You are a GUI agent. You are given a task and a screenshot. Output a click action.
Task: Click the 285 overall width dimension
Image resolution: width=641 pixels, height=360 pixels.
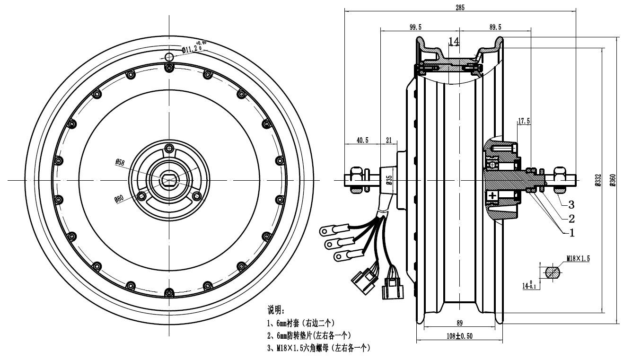[x=460, y=7]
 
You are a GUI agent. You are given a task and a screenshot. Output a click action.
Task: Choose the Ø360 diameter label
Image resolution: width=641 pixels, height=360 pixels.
[x=613, y=180]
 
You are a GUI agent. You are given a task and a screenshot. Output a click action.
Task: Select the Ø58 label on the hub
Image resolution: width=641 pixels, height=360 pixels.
[x=119, y=162]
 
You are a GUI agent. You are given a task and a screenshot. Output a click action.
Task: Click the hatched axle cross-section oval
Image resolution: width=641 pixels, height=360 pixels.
[x=553, y=273]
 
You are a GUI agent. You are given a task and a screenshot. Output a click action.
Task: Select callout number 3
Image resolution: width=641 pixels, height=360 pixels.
[x=571, y=204]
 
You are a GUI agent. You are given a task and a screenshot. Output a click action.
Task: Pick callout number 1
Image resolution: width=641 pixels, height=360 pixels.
[x=571, y=232]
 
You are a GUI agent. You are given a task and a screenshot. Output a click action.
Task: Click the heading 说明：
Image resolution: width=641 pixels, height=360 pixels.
[x=276, y=310]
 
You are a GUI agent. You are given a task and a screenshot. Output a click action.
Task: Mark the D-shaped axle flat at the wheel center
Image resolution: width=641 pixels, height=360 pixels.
[x=169, y=180]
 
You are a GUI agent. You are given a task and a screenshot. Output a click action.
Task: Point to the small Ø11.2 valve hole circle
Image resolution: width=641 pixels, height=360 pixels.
[x=169, y=57]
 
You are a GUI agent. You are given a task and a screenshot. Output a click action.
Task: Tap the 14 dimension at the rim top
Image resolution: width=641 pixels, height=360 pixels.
[x=454, y=42]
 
